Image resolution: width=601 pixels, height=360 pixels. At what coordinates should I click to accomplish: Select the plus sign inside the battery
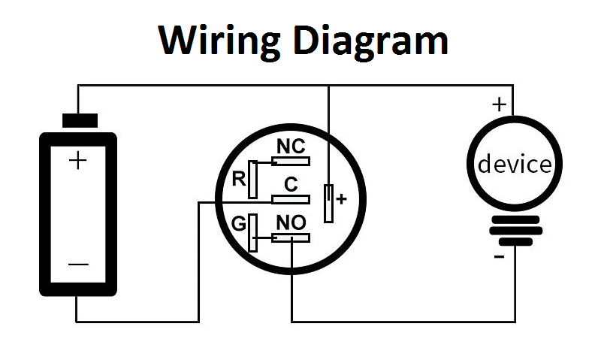[x=77, y=160]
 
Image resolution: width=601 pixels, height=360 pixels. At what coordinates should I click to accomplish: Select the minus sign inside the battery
[x=78, y=265]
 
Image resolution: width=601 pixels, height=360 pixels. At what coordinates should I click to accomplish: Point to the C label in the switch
[x=291, y=184]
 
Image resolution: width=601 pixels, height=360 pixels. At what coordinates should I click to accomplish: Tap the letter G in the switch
[x=238, y=224]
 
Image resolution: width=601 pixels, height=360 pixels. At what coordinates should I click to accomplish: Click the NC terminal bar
[x=290, y=160]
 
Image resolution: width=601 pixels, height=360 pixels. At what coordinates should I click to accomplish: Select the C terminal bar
[x=290, y=199]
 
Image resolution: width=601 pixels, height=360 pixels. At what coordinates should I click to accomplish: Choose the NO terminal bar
[x=290, y=238]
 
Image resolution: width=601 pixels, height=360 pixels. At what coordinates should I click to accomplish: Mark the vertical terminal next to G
[x=253, y=232]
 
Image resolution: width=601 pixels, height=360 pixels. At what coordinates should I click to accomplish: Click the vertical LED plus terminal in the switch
[x=328, y=202]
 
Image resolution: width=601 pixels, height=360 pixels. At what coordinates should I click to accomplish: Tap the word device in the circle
[x=515, y=164]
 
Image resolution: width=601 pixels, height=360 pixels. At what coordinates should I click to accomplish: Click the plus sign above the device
[x=499, y=104]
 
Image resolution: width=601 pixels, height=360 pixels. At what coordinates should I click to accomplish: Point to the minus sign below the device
[x=498, y=258]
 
